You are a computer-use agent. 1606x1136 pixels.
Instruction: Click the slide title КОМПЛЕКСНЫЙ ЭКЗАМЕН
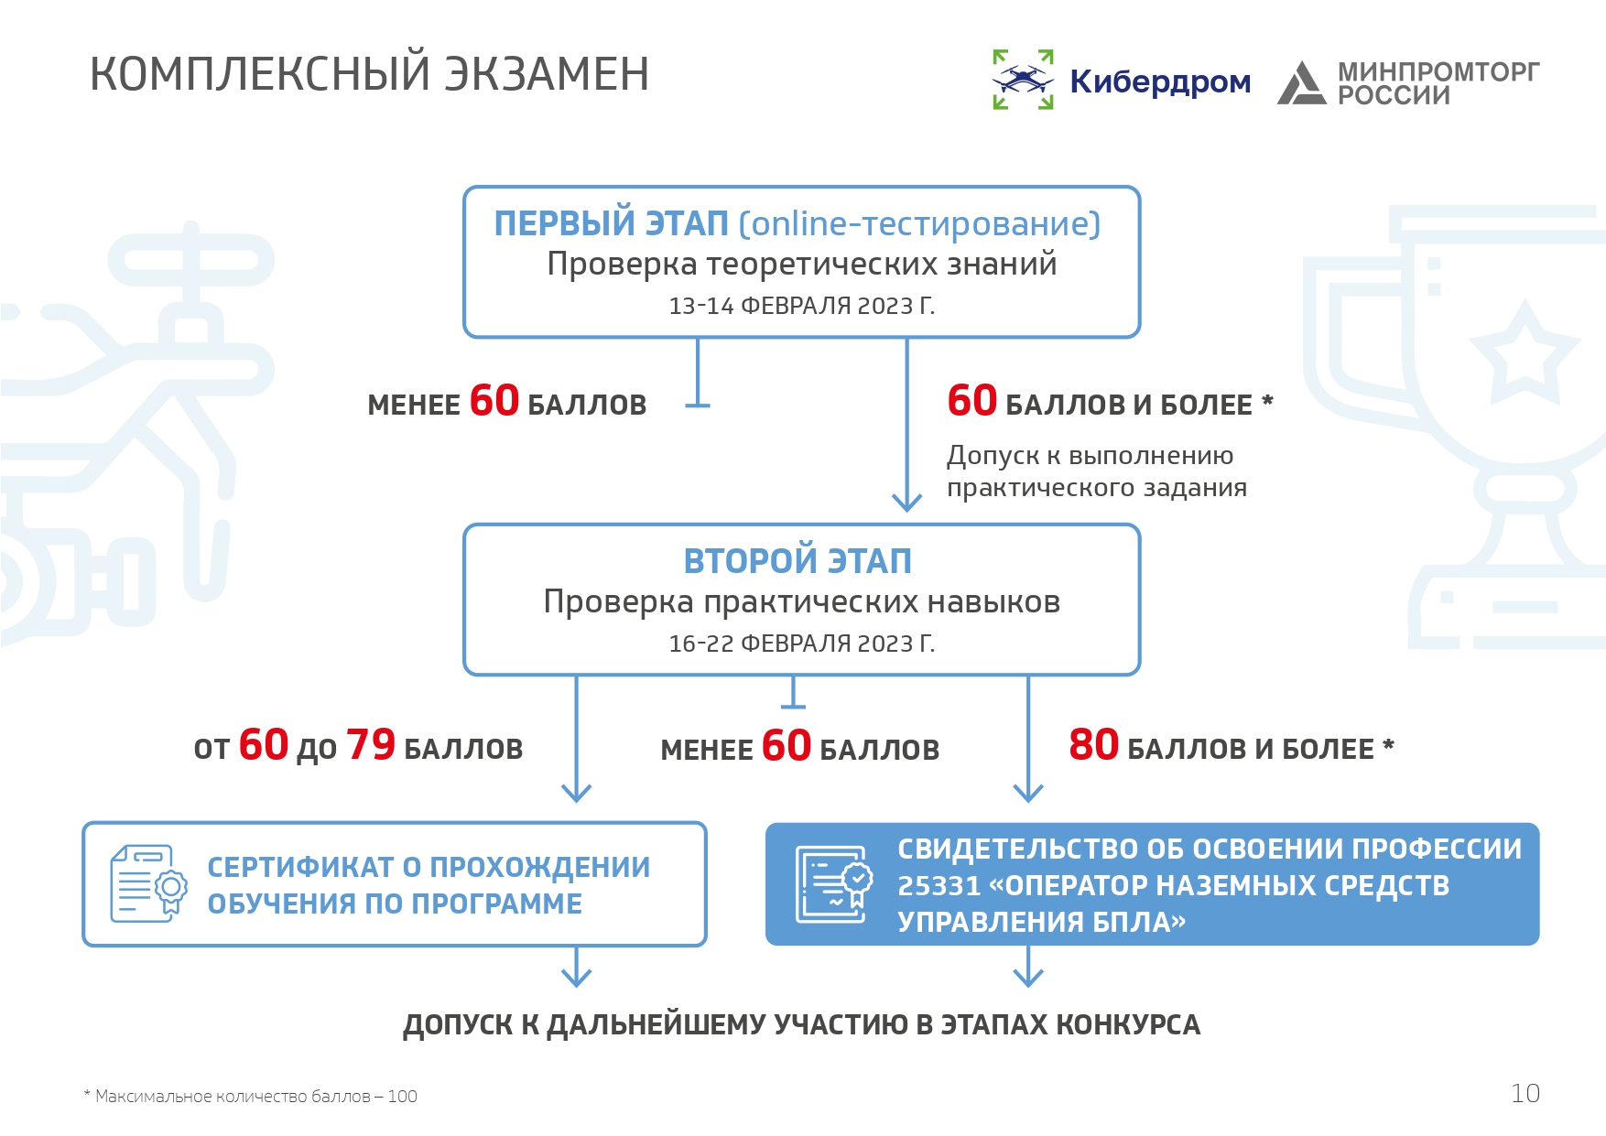pyautogui.click(x=370, y=74)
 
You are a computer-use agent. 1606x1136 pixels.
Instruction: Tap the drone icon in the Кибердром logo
pyautogui.click(x=1023, y=80)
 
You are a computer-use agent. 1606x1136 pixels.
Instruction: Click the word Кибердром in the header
pyautogui.click(x=1160, y=82)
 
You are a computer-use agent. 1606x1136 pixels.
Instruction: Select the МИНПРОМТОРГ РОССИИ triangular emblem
pyautogui.click(x=1301, y=82)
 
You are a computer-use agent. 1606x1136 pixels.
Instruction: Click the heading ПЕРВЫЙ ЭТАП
pyautogui.click(x=611, y=223)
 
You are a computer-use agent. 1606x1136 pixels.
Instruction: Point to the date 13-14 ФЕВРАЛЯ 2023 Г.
pyautogui.click(x=801, y=306)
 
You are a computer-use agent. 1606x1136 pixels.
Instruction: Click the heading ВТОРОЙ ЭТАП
pyautogui.click(x=798, y=561)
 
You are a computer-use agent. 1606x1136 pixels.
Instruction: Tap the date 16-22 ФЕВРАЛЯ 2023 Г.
pyautogui.click(x=801, y=644)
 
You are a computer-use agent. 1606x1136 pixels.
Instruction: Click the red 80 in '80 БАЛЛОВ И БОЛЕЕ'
pyautogui.click(x=1093, y=745)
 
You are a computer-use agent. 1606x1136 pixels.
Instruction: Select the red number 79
pyautogui.click(x=371, y=745)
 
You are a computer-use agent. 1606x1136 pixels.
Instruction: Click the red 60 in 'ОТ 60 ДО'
pyautogui.click(x=264, y=745)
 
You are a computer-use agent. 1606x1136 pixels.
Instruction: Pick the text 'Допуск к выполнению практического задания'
pyautogui.click(x=1097, y=471)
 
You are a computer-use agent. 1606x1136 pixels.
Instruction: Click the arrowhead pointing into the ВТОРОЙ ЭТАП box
pyautogui.click(x=906, y=501)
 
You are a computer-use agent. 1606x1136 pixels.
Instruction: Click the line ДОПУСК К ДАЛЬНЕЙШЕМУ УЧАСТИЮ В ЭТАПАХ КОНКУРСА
pyautogui.click(x=801, y=1025)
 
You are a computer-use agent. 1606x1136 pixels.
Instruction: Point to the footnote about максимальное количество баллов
pyautogui.click(x=250, y=1097)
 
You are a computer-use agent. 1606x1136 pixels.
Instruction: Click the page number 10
pyautogui.click(x=1525, y=1094)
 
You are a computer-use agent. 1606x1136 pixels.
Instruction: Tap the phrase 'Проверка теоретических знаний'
pyautogui.click(x=801, y=265)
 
